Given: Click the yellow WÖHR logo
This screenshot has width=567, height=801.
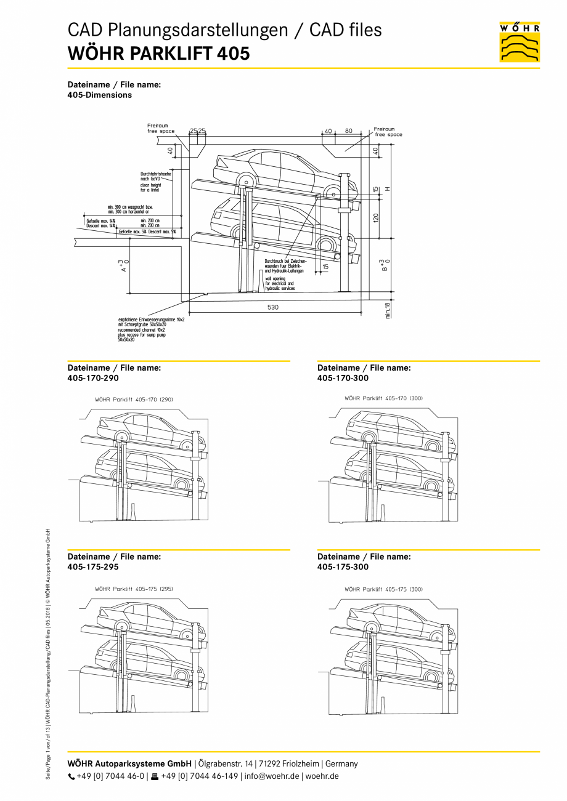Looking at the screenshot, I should click(x=520, y=42).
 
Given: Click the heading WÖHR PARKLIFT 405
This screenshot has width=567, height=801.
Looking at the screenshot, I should click(x=158, y=54).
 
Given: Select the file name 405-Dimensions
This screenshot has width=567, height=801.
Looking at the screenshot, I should click(x=99, y=95).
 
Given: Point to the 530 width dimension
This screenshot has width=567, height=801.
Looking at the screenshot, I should click(x=272, y=307).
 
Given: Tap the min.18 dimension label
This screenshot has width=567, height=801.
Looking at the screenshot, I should click(x=388, y=310).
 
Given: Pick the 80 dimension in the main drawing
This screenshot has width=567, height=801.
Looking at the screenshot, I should click(x=349, y=131).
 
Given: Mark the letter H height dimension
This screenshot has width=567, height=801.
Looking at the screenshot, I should click(x=388, y=188).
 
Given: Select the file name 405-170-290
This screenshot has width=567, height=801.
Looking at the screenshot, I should click(x=93, y=378).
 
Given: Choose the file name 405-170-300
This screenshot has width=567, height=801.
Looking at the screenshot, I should click(x=343, y=378).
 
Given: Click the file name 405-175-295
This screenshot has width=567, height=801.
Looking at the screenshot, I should click(x=93, y=566).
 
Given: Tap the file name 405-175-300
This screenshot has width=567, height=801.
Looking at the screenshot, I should click(x=343, y=566).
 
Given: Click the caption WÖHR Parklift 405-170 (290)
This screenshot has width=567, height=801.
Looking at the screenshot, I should click(x=134, y=400).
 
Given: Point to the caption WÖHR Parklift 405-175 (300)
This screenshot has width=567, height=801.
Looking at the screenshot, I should click(x=383, y=589).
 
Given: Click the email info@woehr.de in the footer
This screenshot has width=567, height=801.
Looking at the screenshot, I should click(x=272, y=776).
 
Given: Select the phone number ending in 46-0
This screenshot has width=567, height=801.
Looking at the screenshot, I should click(x=110, y=776).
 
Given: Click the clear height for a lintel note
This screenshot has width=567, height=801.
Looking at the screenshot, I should click(x=152, y=187).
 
